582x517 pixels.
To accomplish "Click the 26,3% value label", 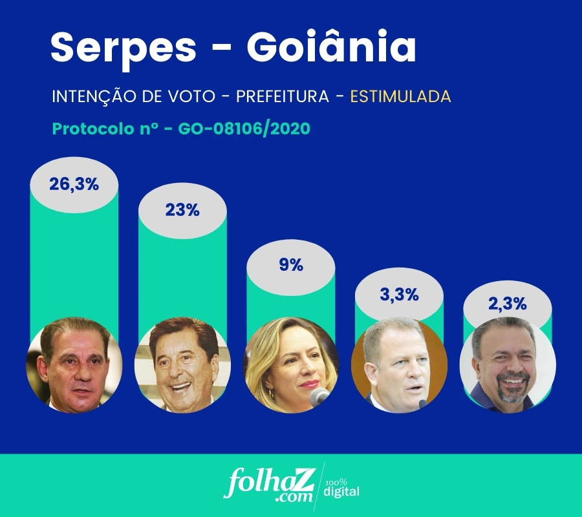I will pyautogui.click(x=74, y=184).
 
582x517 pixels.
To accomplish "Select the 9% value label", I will pyautogui.click(x=291, y=264).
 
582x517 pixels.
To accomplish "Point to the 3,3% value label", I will pyautogui.click(x=400, y=295).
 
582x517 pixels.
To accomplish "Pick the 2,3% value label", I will pyautogui.click(x=508, y=303).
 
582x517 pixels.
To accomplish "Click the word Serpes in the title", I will pyautogui.click(x=124, y=47).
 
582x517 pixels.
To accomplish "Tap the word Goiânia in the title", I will pyautogui.click(x=331, y=47).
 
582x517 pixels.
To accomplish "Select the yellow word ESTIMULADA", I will pyautogui.click(x=400, y=97).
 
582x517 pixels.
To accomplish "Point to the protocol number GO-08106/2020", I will pyautogui.click(x=248, y=129).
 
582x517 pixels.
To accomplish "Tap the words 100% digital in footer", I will pyautogui.click(x=341, y=489).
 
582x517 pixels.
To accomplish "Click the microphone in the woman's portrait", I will pyautogui.click(x=319, y=396).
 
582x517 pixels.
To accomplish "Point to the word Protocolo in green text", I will pyautogui.click(x=91, y=129).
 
